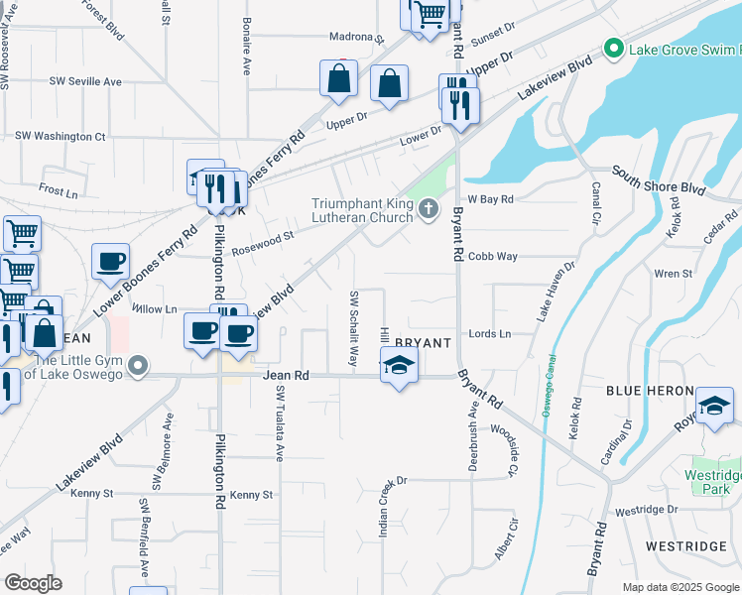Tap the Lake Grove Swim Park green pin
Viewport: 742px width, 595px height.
point(613,48)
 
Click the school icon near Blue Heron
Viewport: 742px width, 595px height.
point(714,406)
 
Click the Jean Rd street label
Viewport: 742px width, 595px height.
point(287,376)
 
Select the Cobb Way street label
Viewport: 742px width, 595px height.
point(493,256)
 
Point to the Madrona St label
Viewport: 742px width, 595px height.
point(357,38)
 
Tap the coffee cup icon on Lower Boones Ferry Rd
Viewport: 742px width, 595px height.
point(110,262)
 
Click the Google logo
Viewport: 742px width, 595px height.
point(33,583)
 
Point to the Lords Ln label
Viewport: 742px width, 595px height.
point(490,334)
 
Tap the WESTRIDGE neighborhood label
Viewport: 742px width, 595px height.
point(686,546)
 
